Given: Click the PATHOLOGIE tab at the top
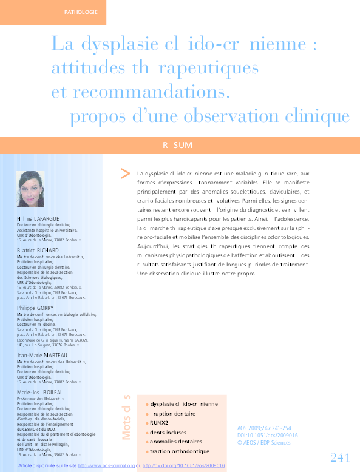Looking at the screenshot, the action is (x=80, y=12).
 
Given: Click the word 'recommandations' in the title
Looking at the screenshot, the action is (x=151, y=92).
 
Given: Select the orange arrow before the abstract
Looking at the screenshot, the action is (x=125, y=174).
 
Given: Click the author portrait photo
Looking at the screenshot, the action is (x=31, y=189).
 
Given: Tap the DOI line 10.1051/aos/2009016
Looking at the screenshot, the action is (x=267, y=435).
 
